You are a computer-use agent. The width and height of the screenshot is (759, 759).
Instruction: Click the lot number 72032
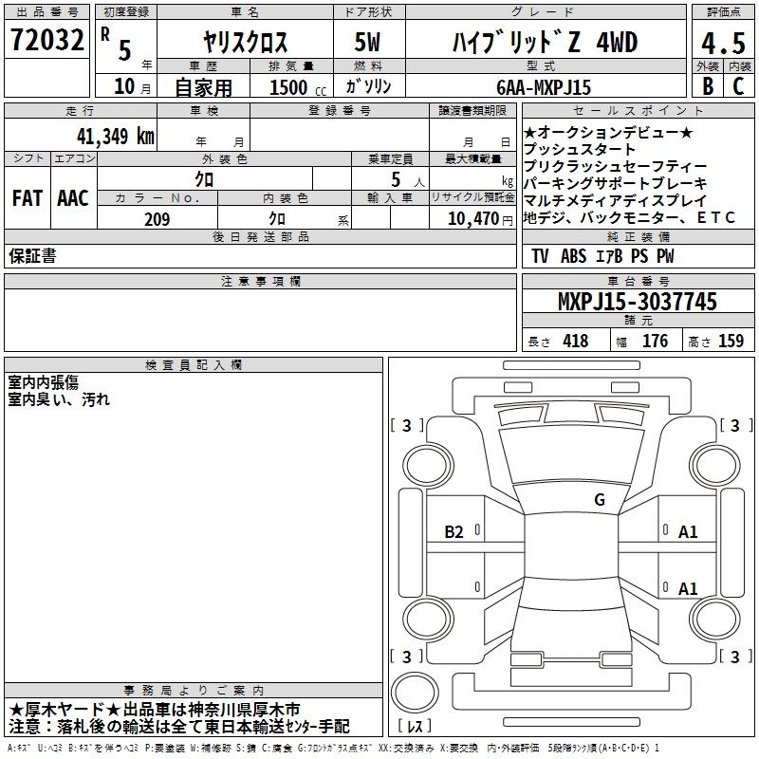[46, 39]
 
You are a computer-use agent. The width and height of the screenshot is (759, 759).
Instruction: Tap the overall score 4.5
[723, 43]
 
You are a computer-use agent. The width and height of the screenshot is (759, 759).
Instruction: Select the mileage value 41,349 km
[115, 137]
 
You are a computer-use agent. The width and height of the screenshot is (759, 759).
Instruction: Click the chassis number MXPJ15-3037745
[637, 301]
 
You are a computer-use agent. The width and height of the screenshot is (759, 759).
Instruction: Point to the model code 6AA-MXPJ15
[544, 87]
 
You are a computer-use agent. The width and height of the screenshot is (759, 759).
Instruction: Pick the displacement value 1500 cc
[298, 87]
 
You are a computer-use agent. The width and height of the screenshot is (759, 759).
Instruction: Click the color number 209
[157, 219]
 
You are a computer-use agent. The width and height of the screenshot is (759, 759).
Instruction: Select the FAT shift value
[28, 198]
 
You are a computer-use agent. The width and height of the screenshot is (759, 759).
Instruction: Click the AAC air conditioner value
[73, 198]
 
